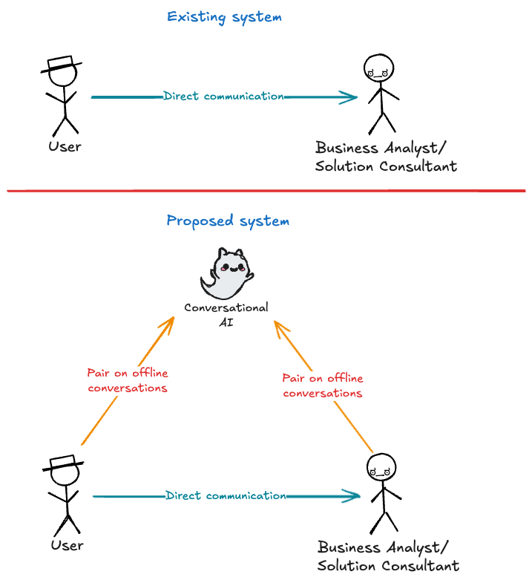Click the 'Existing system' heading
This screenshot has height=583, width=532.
(224, 16)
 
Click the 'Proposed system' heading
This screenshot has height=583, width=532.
(228, 221)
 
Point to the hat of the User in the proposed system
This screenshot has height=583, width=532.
(63, 463)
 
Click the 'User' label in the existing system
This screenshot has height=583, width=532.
(65, 146)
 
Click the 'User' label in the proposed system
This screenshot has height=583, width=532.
(67, 546)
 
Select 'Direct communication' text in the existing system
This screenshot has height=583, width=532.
(223, 96)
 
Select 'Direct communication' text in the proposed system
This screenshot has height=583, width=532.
(226, 495)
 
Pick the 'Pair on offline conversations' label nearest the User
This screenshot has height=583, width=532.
(127, 380)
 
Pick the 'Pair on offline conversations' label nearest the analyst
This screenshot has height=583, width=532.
(323, 385)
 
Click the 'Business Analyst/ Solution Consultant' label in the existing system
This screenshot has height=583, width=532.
(385, 157)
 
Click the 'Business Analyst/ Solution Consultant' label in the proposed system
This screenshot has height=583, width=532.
(387, 556)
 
